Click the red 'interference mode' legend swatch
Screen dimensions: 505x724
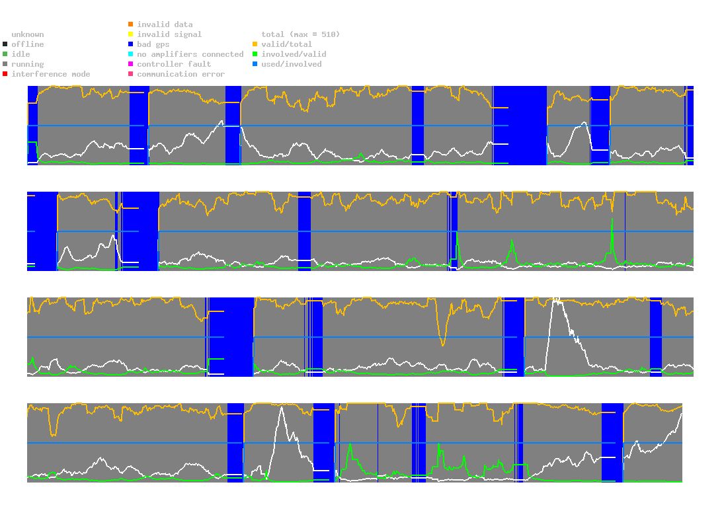(5, 74)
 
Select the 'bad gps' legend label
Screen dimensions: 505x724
(153, 44)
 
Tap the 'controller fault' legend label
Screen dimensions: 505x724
(174, 64)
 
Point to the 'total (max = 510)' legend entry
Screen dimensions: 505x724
(297, 34)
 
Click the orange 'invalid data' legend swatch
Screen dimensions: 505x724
(130, 24)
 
